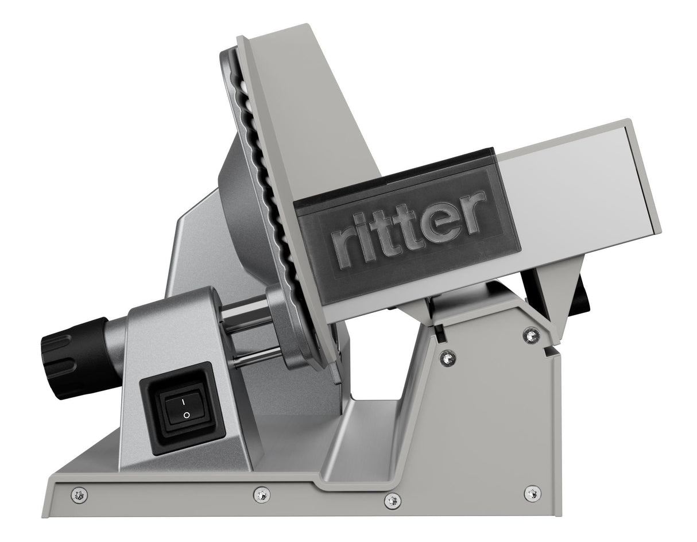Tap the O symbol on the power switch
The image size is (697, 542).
point(185,415)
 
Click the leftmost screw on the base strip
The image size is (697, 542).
point(79,493)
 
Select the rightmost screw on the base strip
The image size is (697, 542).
point(532,493)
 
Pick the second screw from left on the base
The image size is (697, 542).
point(261,493)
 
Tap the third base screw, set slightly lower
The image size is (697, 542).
point(392,501)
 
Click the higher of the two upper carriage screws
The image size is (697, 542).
point(531,334)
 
